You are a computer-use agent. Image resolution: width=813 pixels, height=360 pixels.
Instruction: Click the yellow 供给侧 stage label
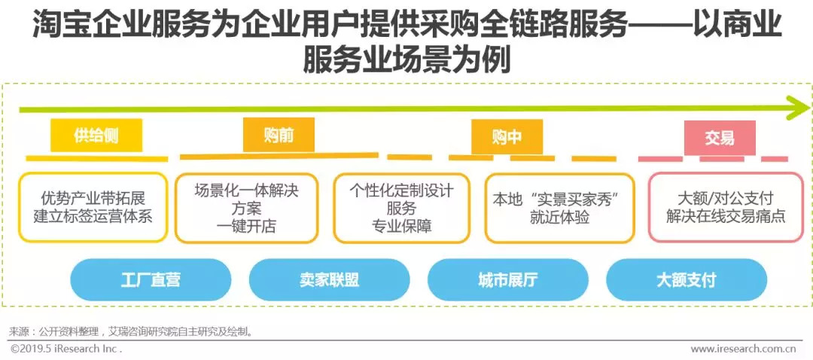point(96,136)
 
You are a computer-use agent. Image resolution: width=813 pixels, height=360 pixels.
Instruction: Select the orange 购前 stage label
point(278,136)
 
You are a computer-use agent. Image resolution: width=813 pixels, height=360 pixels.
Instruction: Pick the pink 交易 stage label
point(719,138)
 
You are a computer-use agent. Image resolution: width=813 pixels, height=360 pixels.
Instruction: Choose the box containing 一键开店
point(246,208)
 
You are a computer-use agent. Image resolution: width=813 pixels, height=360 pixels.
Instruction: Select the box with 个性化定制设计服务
point(401,208)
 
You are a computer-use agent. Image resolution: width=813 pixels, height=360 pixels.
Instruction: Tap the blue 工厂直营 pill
point(151,280)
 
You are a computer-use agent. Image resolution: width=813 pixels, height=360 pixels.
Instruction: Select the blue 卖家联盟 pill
point(329,280)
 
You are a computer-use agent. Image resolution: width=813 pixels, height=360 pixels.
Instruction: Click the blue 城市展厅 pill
point(507,280)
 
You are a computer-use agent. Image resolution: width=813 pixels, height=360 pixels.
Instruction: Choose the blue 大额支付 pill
point(686,280)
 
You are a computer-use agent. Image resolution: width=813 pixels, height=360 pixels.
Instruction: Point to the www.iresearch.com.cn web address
point(743,349)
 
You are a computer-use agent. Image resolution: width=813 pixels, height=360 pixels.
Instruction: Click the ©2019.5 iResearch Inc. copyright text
point(66,349)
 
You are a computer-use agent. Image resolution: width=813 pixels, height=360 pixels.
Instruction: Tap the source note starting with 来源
point(132,331)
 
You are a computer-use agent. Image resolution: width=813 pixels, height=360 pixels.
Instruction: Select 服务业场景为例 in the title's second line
point(406,59)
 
